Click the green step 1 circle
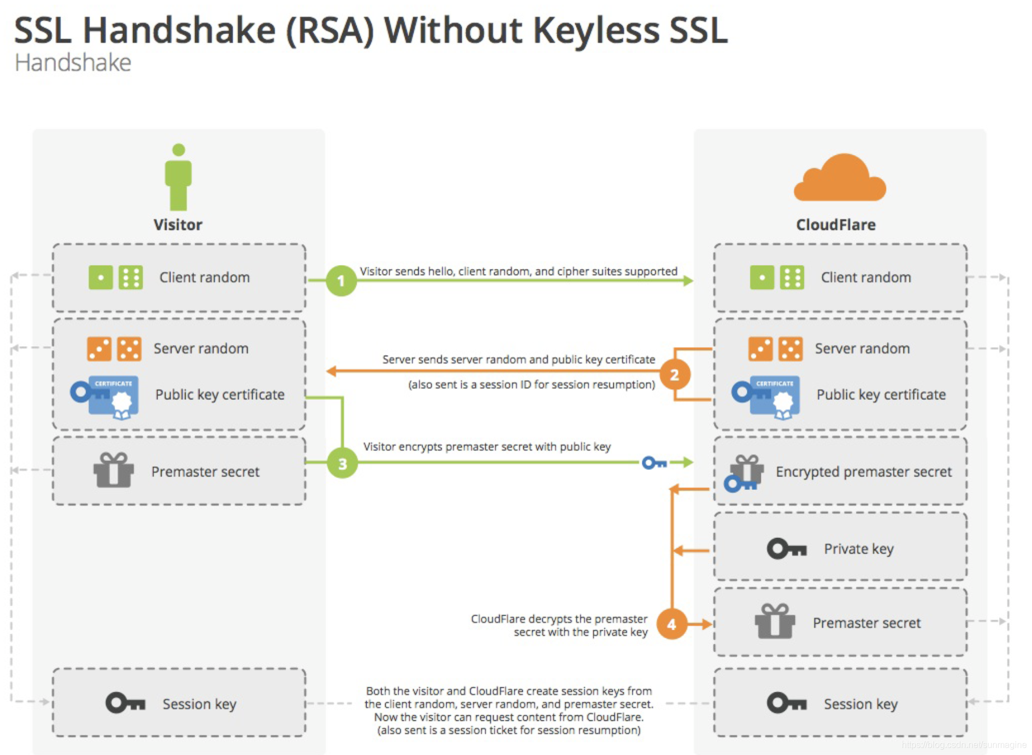click(341, 280)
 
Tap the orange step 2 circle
click(674, 374)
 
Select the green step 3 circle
click(342, 463)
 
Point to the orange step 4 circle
click(671, 624)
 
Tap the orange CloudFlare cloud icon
click(839, 178)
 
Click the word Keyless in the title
click(596, 30)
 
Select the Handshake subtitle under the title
click(73, 63)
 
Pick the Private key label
click(859, 549)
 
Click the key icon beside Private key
click(786, 549)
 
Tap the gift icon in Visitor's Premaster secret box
click(113, 470)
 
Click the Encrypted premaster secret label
click(863, 471)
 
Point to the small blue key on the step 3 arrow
click(654, 463)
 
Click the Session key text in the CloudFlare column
click(860, 704)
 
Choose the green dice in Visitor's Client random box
click(116, 277)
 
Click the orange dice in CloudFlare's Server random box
click(775, 348)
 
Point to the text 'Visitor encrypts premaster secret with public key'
click(486, 446)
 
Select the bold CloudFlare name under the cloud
click(836, 225)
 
